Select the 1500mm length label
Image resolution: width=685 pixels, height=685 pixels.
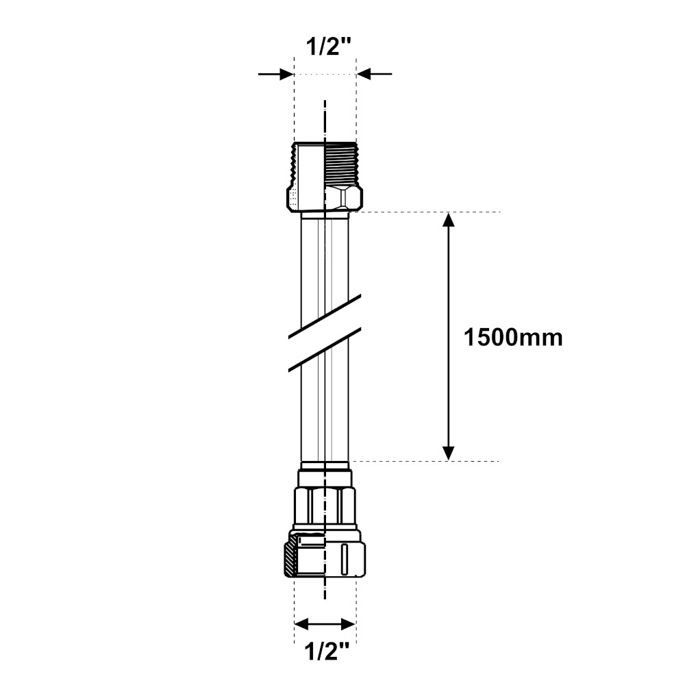[x=513, y=338]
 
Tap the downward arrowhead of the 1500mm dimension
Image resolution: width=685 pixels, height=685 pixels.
[x=449, y=453]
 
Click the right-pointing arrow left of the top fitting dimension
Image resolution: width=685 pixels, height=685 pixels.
[x=275, y=74]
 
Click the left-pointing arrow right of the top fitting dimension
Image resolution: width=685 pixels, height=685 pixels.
[x=375, y=74]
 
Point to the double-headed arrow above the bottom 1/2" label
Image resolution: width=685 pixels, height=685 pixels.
[x=325, y=624]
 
